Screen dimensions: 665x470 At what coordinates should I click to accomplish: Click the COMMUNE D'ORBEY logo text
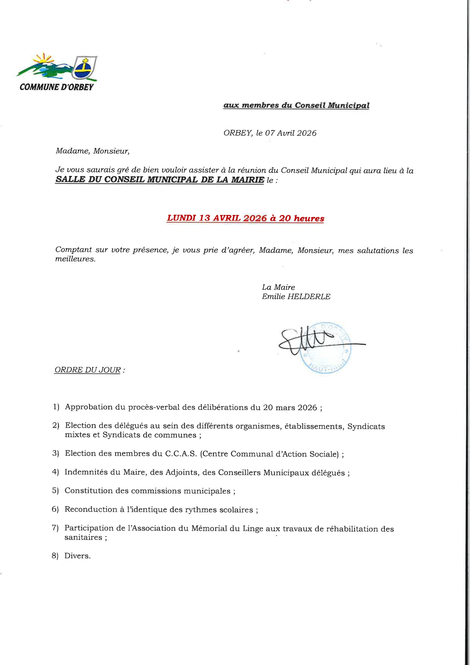56,87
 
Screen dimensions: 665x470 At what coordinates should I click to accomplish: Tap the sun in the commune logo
42,59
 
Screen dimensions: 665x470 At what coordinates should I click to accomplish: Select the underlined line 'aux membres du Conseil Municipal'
296,105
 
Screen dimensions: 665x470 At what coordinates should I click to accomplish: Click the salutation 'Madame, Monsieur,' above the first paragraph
92,151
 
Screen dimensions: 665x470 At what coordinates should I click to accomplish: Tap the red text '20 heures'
302,218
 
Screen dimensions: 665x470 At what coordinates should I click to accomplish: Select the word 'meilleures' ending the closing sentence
75,259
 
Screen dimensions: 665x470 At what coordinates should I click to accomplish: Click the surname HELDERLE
309,296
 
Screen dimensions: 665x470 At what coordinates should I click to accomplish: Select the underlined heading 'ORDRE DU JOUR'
88,370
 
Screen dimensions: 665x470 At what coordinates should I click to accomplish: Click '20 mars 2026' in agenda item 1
290,408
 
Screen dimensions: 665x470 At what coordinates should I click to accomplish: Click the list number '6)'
55,509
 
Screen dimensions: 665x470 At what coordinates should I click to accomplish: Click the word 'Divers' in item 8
77,556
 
